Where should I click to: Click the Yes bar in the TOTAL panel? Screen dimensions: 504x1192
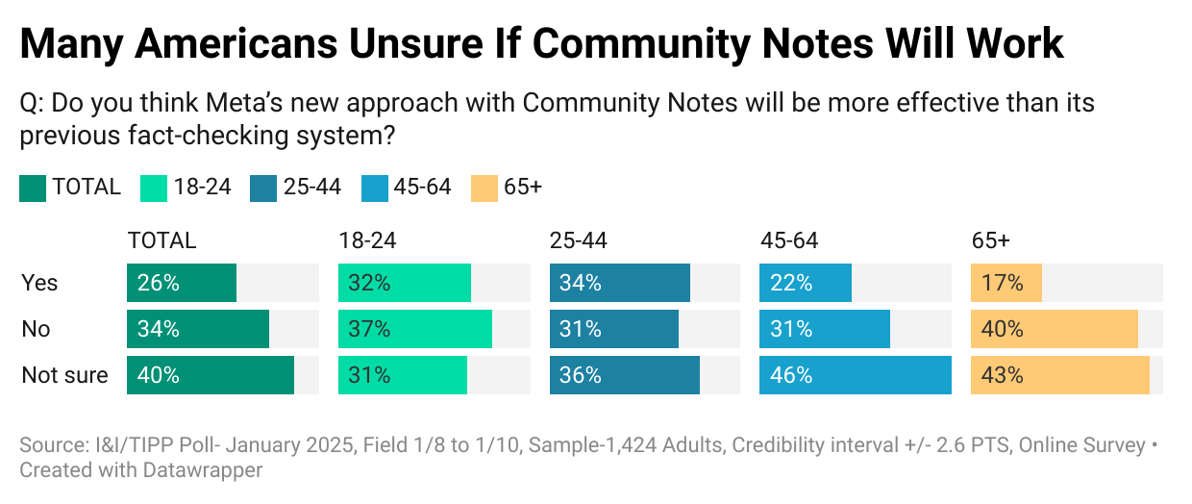[x=182, y=283]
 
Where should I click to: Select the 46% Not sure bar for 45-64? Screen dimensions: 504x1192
[x=855, y=375]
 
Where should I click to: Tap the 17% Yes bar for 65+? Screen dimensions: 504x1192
[x=1006, y=283]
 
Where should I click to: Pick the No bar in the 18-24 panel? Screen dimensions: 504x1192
[x=414, y=329]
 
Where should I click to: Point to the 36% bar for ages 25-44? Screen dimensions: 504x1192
[x=625, y=375]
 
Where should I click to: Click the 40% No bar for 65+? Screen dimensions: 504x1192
[x=1055, y=329]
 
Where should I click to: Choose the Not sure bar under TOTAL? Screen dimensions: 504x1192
[x=210, y=375]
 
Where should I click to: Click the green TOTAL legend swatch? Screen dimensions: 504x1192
[x=32, y=188]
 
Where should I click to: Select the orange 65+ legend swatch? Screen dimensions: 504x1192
[x=484, y=188]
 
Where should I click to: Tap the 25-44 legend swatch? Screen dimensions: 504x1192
[x=262, y=188]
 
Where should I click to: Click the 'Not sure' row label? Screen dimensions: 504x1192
[x=64, y=375]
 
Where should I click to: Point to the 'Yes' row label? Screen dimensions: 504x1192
[x=39, y=283]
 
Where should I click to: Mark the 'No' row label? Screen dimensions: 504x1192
[x=36, y=329]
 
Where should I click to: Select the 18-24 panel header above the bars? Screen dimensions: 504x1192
[x=367, y=240]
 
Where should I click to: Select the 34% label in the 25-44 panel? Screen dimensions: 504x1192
[x=581, y=283]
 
